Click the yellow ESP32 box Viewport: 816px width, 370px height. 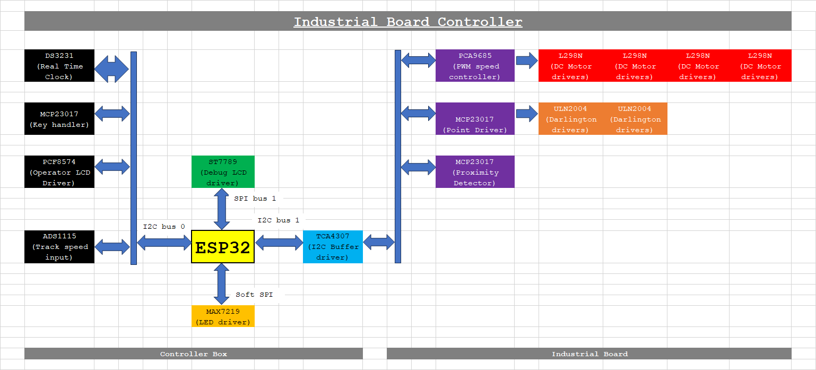[223, 247]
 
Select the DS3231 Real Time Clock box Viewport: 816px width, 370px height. [59, 66]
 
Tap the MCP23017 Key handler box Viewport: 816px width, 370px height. [59, 119]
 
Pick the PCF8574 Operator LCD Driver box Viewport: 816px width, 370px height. [59, 172]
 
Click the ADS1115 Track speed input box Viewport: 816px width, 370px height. [59, 247]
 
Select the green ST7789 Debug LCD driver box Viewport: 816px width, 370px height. [223, 172]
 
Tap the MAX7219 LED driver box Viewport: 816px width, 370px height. [223, 316]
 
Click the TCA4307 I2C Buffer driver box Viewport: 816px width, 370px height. [333, 247]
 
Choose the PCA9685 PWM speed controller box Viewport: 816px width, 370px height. [475, 66]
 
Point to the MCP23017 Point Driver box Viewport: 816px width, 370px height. [475, 119]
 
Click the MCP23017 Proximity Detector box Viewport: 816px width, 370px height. [475, 172]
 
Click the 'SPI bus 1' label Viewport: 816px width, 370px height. [255, 199]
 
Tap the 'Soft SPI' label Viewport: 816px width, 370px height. [255, 295]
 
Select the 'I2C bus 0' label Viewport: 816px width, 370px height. [164, 227]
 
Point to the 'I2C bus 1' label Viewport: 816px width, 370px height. [279, 220]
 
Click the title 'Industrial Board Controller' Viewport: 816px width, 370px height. [408, 22]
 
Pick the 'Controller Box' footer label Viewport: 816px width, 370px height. [194, 354]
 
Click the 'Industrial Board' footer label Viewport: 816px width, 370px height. [589, 354]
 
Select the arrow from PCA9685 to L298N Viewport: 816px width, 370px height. [526, 60]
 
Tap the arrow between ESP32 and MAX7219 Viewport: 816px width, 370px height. [222, 284]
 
